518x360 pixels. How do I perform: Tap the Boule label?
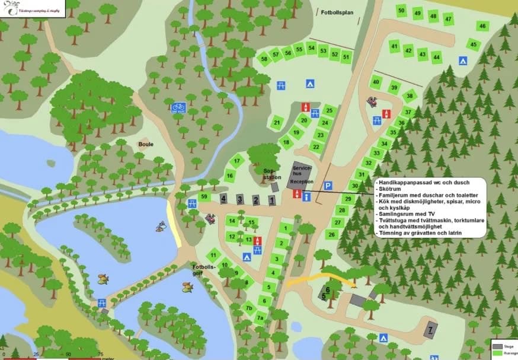click(x=146, y=144)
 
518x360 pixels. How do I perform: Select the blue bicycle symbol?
click(x=178, y=107)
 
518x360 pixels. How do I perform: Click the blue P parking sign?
click(x=328, y=186)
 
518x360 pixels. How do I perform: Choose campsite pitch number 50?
click(x=402, y=10)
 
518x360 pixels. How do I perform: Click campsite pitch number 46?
click(x=482, y=26)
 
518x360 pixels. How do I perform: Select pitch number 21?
click(x=277, y=123)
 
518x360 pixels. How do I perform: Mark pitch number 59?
click(x=204, y=196)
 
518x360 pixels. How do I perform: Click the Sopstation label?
click(x=272, y=174)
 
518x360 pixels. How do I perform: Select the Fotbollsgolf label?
click(x=203, y=270)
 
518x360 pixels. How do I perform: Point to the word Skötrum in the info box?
click(x=391, y=190)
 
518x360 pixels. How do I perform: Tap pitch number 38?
click(x=409, y=96)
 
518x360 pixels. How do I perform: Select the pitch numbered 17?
click(x=237, y=161)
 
